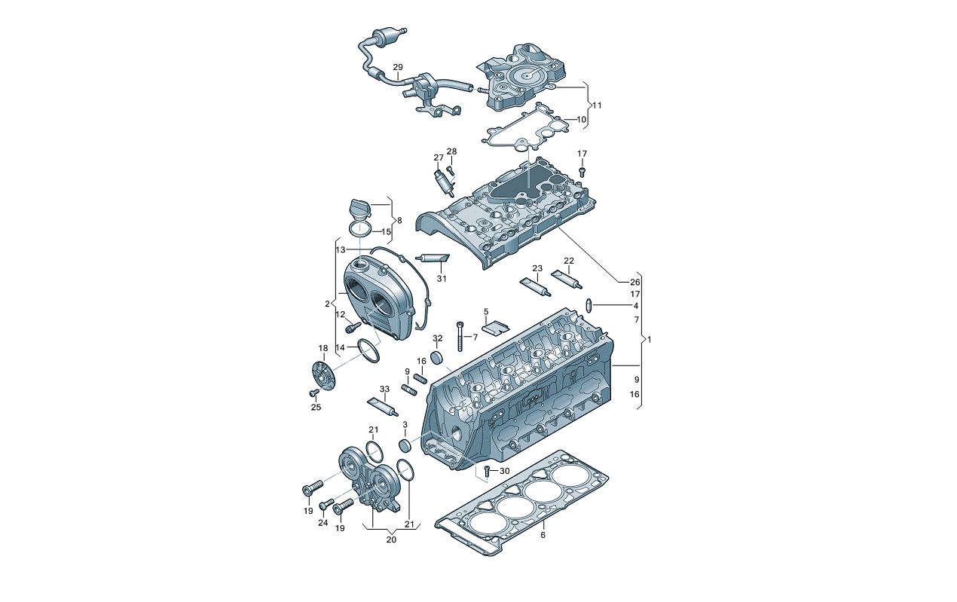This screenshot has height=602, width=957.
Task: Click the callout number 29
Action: point(398,68)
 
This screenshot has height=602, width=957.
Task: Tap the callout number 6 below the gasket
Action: point(543,535)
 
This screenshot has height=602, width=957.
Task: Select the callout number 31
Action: point(442,279)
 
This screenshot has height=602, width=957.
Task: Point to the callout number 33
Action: point(384,389)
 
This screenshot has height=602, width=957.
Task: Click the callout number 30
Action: point(505,471)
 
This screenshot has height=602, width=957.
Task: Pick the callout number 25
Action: point(316,407)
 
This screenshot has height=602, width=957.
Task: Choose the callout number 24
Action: point(323,523)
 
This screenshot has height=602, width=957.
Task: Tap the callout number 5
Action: point(486,311)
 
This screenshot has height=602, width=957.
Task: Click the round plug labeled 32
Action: point(437,357)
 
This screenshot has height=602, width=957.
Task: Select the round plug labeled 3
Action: point(405,445)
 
